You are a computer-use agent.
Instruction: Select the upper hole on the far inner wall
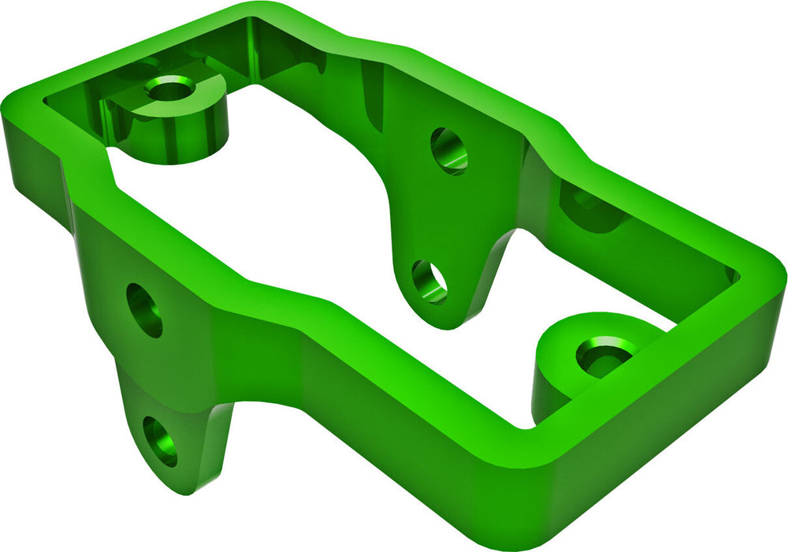point(448,151)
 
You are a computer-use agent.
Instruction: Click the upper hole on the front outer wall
point(144,310)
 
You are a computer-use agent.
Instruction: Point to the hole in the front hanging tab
point(160,442)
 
